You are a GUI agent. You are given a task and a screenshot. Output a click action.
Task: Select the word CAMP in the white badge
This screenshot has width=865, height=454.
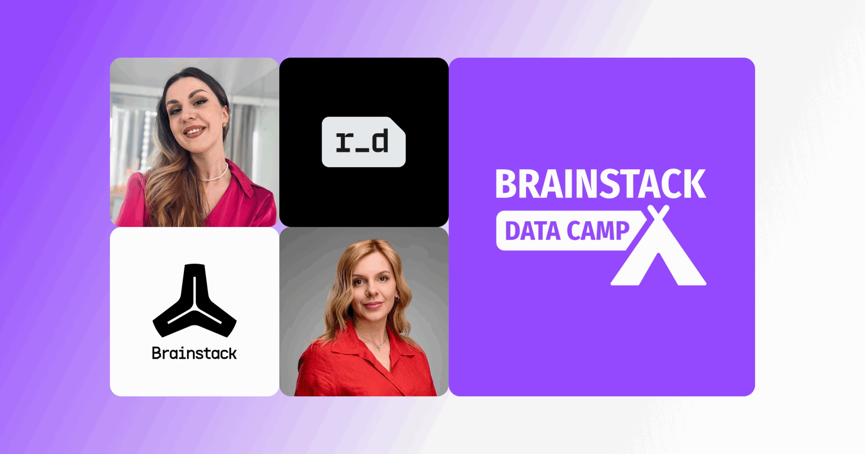(x=598, y=231)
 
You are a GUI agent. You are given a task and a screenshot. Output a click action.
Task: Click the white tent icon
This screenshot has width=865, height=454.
(x=658, y=246)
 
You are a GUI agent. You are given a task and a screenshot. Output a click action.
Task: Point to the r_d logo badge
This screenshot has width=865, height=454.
(x=364, y=142)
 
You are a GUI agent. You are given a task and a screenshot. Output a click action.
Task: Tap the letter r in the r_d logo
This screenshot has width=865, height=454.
(x=345, y=142)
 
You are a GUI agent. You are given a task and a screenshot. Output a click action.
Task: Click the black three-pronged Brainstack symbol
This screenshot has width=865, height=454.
(x=195, y=301)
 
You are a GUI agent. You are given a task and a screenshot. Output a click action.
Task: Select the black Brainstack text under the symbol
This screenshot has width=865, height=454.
(x=194, y=353)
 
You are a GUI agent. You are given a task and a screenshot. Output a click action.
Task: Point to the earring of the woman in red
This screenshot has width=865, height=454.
(x=397, y=299)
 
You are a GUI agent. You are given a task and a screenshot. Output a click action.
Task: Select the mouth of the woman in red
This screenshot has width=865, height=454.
(x=373, y=305)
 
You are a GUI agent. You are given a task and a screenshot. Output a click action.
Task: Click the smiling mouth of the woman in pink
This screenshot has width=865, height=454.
(x=195, y=131)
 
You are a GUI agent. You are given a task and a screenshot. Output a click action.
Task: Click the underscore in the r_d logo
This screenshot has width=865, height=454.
(x=362, y=149)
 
